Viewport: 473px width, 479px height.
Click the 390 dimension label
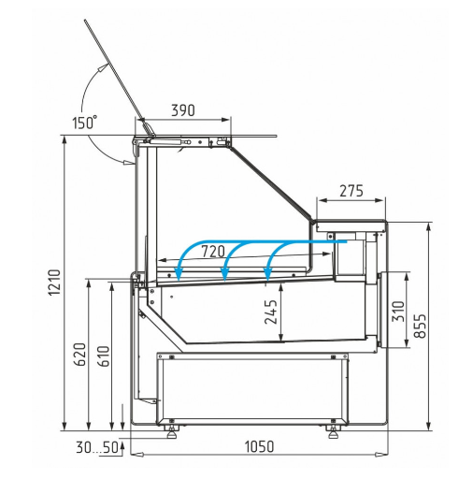pyautogui.click(x=183, y=110)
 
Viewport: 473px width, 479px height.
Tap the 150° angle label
pyautogui.click(x=85, y=123)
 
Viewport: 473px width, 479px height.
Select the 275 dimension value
pyautogui.click(x=351, y=191)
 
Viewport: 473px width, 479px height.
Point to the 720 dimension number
pyautogui.click(x=213, y=252)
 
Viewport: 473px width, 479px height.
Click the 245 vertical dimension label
pyautogui.click(x=271, y=312)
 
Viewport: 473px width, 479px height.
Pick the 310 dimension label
pyautogui.click(x=398, y=312)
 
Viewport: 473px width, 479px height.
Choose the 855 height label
pyautogui.click(x=420, y=326)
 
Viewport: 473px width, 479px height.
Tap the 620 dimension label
pyautogui.click(x=79, y=355)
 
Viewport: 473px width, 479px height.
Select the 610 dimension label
pyautogui.click(x=104, y=356)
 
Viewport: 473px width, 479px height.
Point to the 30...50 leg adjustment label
pyautogui.click(x=97, y=448)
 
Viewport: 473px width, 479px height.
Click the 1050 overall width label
pyautogui.click(x=259, y=446)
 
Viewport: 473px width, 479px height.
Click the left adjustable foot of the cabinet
pyautogui.click(x=172, y=431)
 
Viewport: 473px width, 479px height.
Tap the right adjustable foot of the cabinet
pyautogui.click(x=333, y=431)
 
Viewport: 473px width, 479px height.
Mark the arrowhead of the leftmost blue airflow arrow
pyautogui.click(x=179, y=276)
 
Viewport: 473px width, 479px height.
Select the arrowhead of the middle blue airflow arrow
pyautogui.click(x=224, y=275)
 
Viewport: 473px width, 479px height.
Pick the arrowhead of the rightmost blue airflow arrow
pyautogui.click(x=267, y=274)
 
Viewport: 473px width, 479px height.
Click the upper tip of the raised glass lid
pyautogui.click(x=85, y=21)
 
